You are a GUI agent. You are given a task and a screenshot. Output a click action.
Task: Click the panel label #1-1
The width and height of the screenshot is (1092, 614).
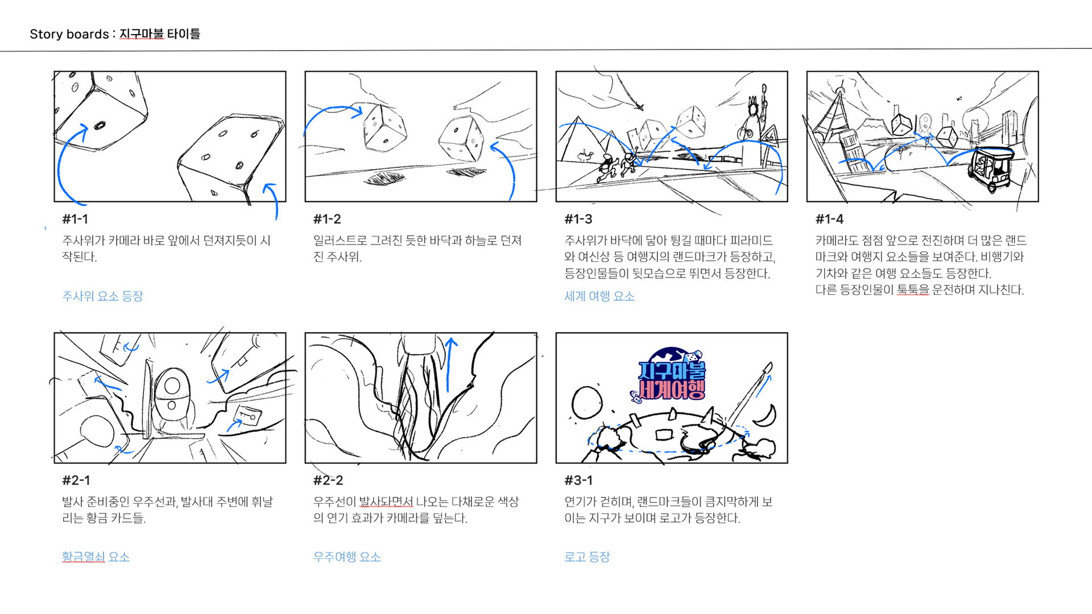[75, 219]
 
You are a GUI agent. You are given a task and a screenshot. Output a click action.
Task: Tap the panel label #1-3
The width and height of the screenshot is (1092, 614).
[578, 219]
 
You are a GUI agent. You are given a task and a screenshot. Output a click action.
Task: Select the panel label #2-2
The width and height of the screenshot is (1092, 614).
[328, 480]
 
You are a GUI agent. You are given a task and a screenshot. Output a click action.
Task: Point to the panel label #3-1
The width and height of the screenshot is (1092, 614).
[578, 480]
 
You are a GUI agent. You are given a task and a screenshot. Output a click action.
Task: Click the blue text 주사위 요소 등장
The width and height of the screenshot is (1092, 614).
[102, 296]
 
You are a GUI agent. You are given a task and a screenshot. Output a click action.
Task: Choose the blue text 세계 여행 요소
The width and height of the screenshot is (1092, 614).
[599, 296]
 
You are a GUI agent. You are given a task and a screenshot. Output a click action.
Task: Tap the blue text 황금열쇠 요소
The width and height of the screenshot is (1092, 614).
[96, 557]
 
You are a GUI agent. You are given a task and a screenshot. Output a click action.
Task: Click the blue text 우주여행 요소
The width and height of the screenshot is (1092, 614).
[347, 557]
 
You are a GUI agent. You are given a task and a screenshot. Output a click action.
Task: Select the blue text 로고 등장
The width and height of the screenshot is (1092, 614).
[587, 557]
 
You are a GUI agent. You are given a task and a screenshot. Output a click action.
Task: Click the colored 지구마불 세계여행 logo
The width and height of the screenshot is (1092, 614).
[670, 376]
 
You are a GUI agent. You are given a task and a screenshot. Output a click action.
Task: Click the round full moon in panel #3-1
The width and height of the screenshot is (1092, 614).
[586, 402]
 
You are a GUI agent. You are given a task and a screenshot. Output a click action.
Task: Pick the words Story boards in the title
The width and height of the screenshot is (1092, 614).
[69, 34]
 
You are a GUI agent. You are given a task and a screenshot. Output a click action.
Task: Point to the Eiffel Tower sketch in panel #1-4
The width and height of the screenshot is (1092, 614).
[834, 117]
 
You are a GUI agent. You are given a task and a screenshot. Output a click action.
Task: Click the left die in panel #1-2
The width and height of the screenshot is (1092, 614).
[385, 128]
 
